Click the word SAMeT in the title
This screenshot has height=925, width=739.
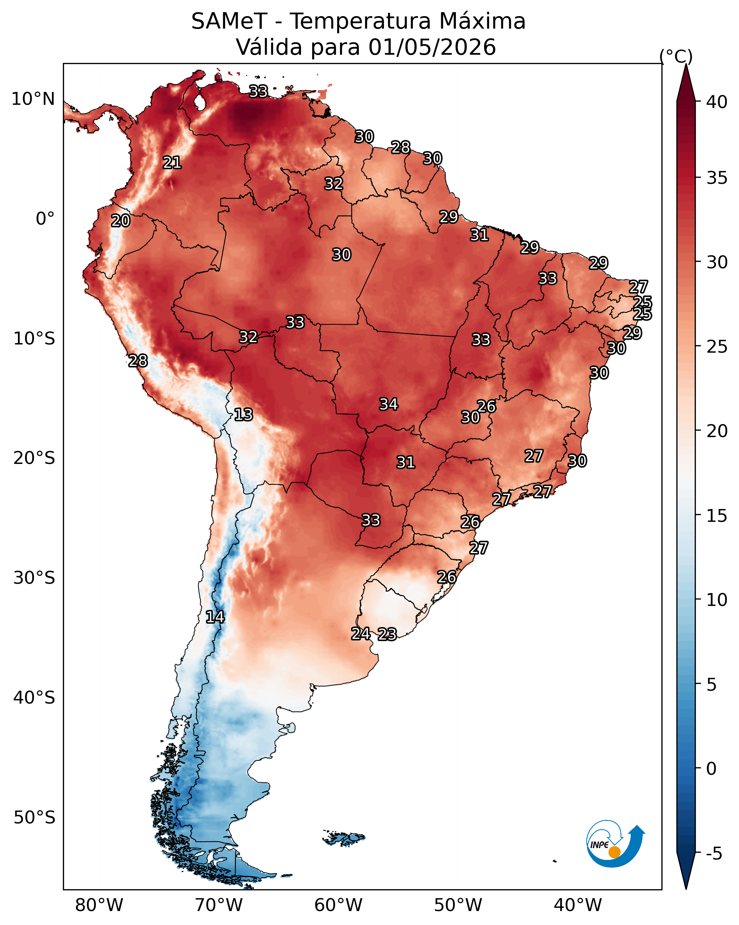229,21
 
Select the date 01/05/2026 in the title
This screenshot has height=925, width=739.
432,47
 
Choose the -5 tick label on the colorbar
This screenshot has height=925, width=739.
714,854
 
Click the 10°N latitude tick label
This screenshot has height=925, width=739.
33,99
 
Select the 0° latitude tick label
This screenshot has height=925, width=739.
45,219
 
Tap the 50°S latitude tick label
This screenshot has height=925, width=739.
34,818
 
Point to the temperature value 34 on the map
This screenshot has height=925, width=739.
389,404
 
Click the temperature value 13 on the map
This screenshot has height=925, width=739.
243,415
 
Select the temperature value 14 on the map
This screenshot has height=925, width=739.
215,617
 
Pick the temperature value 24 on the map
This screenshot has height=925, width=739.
361,634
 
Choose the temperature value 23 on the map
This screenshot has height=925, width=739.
387,635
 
